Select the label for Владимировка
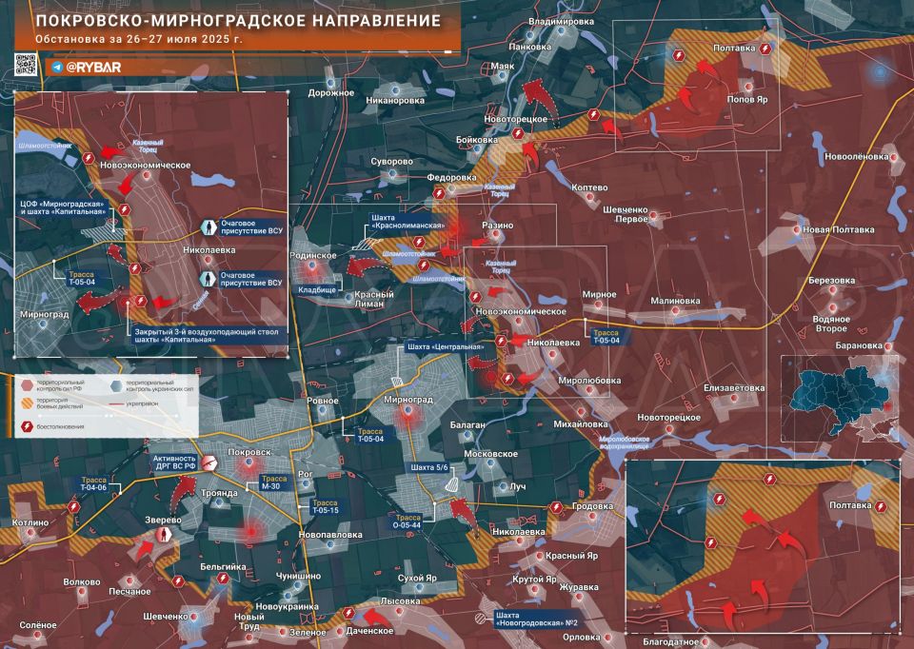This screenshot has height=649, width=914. pos(561,21)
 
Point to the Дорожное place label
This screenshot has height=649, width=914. pos(330,93)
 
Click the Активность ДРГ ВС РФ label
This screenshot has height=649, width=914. pos(164,462)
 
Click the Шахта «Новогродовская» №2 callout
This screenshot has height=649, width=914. pos(544,619)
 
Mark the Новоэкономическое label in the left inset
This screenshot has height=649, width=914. pos(145,166)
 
